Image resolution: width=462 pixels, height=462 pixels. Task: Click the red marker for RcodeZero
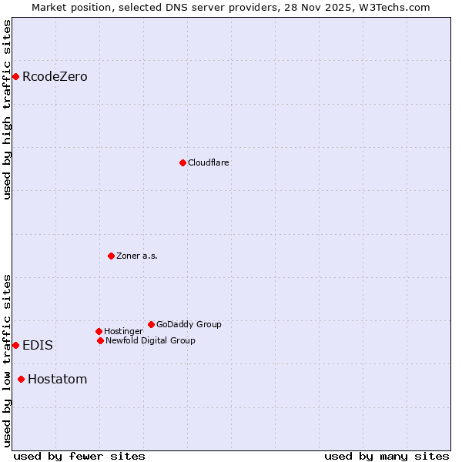point(15,76)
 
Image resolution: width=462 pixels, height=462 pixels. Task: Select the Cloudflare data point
point(182,162)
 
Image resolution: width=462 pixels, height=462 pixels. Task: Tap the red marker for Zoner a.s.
point(111,256)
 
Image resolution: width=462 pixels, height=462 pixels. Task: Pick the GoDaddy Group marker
point(151,324)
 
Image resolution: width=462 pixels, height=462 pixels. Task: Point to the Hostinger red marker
point(99,331)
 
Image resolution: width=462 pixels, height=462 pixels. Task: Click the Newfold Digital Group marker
point(100,340)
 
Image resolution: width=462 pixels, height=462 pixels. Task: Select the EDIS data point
point(15,345)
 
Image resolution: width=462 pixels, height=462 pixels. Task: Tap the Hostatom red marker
point(21,379)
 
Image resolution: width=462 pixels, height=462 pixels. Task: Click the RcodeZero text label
point(55,76)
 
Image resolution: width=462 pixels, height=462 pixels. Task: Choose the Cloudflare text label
point(209,162)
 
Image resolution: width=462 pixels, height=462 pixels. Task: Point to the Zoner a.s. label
point(137,256)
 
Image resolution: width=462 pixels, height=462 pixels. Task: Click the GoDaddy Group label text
point(189,324)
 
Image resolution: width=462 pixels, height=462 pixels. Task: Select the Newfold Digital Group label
point(150,340)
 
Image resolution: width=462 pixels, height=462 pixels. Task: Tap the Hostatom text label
point(57,379)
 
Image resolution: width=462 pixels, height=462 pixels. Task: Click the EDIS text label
point(38,345)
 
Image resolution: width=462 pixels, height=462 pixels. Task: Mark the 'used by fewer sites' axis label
point(79,456)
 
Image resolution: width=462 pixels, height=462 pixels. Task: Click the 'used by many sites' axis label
point(387,456)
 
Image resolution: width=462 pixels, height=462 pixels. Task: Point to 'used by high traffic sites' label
point(8,109)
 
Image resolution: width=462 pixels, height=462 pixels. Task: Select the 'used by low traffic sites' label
point(8,360)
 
